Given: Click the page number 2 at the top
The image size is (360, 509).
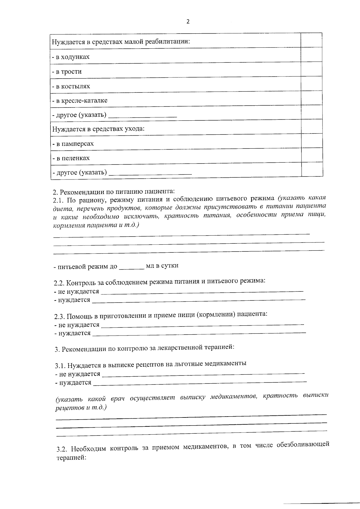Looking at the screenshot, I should tap(188, 22).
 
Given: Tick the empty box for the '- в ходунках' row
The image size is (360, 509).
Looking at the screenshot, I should tap(311, 55).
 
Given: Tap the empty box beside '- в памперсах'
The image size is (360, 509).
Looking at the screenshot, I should tap(312, 141).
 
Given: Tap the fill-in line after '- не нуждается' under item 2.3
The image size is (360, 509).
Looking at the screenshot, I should tap(202, 325).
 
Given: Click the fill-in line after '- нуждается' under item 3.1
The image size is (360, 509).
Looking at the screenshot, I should tap(199, 382).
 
